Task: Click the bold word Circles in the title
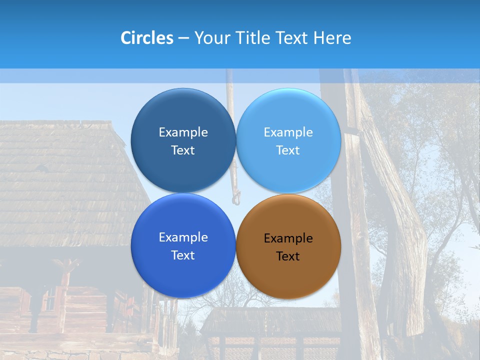[x=146, y=38]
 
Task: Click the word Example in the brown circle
[x=288, y=238]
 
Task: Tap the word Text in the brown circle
[x=288, y=256]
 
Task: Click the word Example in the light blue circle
[x=288, y=132]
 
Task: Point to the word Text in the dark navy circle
[x=183, y=150]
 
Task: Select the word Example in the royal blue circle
[x=183, y=237]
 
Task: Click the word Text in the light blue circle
[x=288, y=150]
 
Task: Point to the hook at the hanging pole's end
[x=236, y=199]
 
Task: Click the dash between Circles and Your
[x=183, y=38]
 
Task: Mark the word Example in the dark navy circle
[x=183, y=132]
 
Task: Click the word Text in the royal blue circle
[x=183, y=255]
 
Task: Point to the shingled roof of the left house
[x=60, y=185]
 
